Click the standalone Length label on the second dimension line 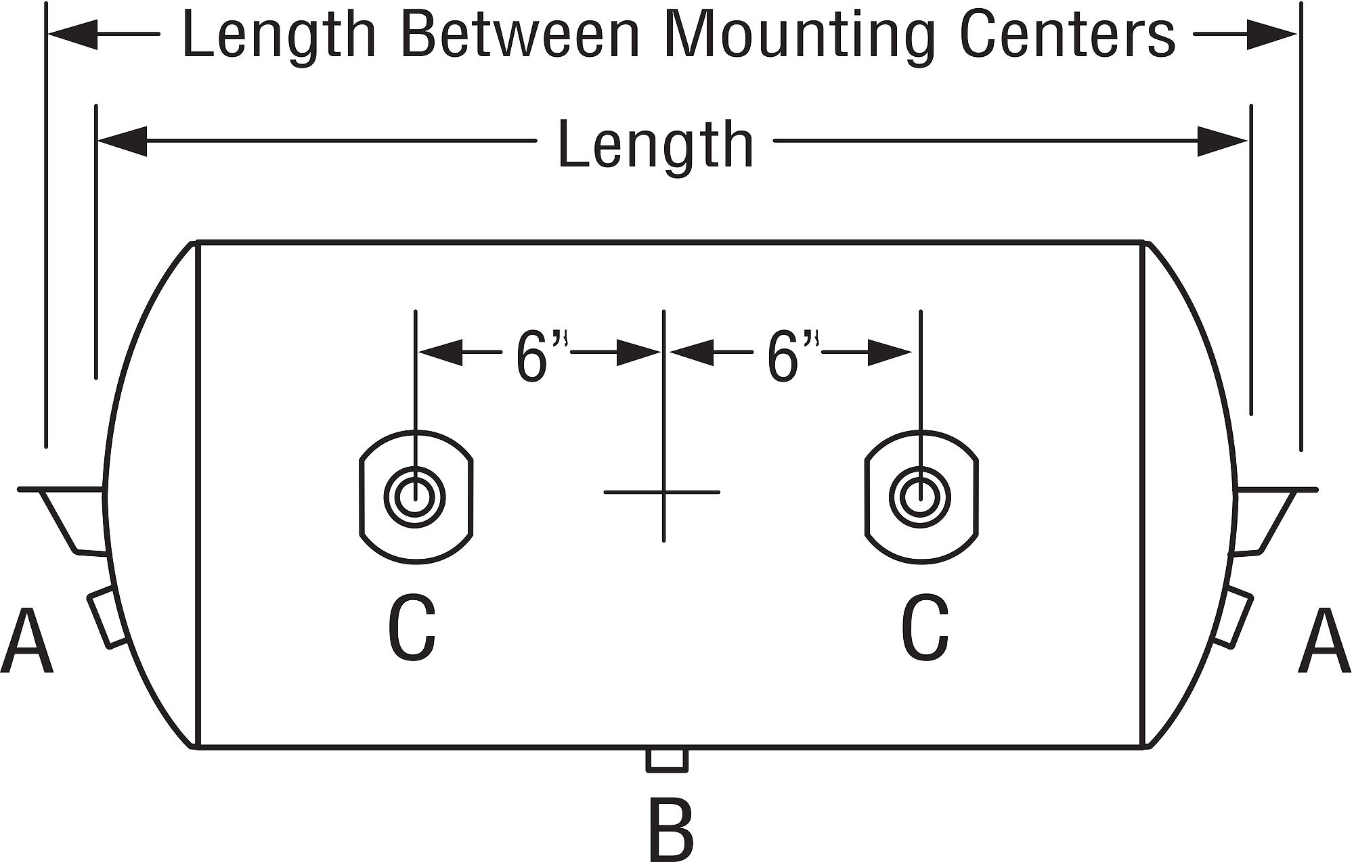tap(655, 144)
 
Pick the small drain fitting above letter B tap(667, 759)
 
